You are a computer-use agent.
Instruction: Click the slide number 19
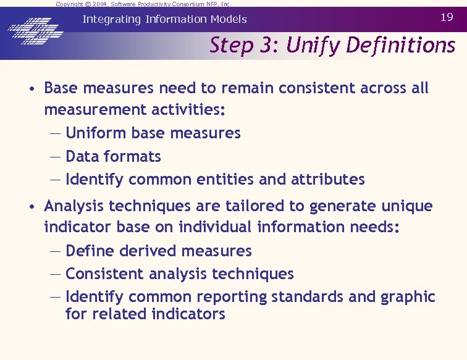pyautogui.click(x=447, y=17)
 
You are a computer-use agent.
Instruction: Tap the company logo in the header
pyautogui.click(x=35, y=29)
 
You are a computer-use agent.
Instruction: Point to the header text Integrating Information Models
pyautogui.click(x=164, y=19)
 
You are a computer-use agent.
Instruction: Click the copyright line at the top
pyautogui.click(x=143, y=4)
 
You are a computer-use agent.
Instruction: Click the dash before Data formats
pyautogui.click(x=55, y=157)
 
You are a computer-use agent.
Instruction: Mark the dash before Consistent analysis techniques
pyautogui.click(x=55, y=274)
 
